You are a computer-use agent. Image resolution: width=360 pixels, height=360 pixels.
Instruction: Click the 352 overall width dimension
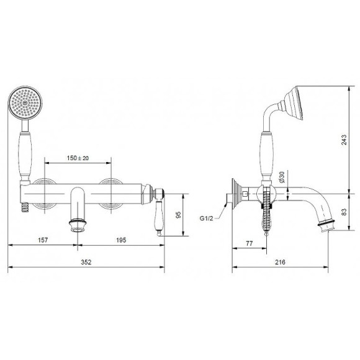coord(86,262)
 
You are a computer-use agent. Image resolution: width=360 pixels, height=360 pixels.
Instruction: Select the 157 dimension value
coord(43,240)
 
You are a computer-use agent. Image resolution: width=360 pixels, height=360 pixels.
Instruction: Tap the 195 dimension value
coord(121,240)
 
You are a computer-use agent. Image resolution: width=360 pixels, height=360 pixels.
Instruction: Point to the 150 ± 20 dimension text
coord(78,158)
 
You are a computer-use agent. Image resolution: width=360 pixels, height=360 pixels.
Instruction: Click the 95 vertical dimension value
coord(178,215)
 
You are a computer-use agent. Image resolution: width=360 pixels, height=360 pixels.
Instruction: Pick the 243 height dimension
coord(344,140)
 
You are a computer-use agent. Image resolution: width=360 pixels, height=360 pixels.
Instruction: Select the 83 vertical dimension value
coord(344,212)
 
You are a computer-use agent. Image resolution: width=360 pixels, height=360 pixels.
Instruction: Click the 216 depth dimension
coord(280,262)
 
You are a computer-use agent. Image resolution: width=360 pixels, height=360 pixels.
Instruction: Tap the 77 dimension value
coord(250,243)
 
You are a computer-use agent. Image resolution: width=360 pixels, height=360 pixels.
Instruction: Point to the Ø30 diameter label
coord(282,177)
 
